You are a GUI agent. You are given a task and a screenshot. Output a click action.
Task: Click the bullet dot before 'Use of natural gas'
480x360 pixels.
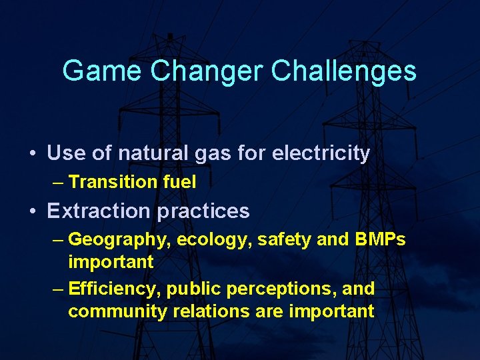pyautogui.click(x=33, y=154)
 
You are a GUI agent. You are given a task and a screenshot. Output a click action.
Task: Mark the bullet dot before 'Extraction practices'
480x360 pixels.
pyautogui.click(x=33, y=212)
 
